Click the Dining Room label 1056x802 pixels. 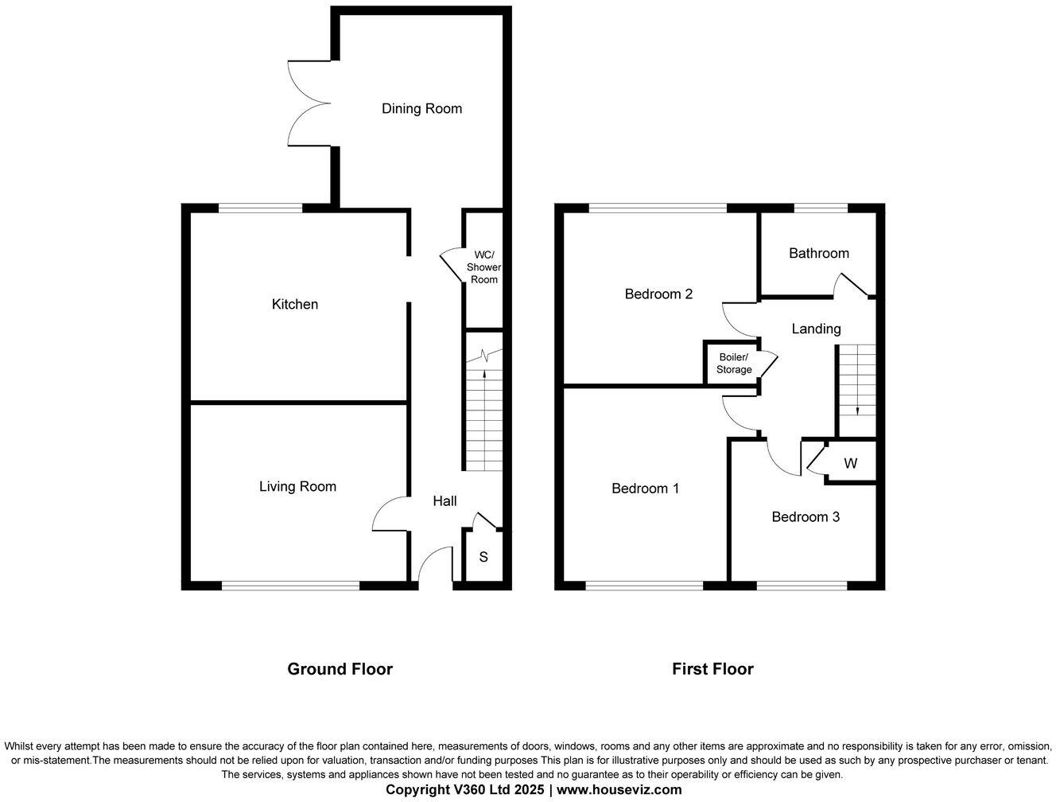coord(421,109)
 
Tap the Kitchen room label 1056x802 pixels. coord(295,304)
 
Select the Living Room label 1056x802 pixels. coord(297,486)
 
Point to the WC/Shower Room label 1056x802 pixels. coord(483,267)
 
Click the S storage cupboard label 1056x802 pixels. coord(483,557)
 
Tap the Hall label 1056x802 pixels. coord(445,500)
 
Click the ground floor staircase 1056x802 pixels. coord(483,422)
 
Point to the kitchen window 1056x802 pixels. coord(261,208)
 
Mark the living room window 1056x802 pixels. coord(290,586)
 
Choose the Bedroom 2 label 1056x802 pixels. coord(658,294)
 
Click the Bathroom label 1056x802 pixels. coord(818,253)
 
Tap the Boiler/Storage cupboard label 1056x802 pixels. coord(734,364)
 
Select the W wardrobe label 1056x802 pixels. coord(850,463)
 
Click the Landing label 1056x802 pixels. coord(816,329)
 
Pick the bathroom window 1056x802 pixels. coord(821,208)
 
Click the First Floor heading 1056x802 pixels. coord(712,669)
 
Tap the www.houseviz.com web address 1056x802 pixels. coord(619,790)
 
